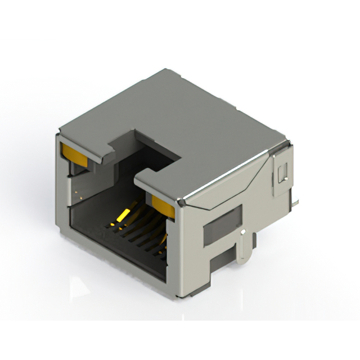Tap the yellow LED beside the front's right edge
click(164, 205)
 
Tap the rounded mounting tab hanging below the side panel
click(244, 248)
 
